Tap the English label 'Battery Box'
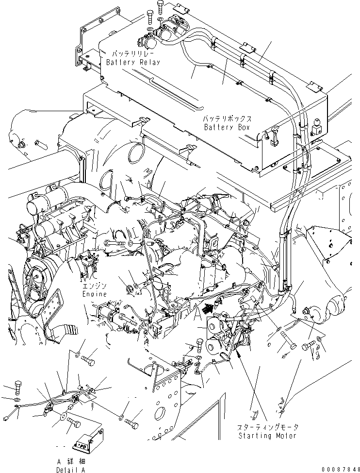(227, 127)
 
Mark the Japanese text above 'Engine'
(94, 286)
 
